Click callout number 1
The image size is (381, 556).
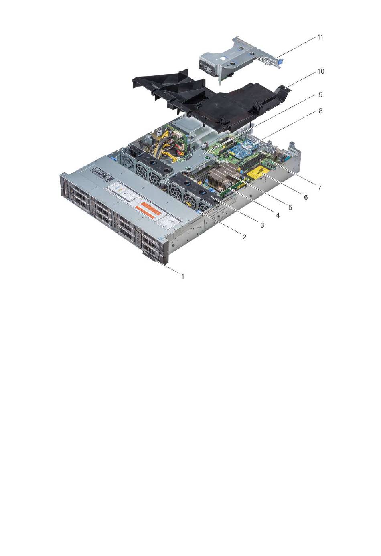coord(183,276)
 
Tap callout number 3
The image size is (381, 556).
coord(262,225)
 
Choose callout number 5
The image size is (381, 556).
coord(290,207)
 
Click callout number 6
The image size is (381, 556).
coord(306,197)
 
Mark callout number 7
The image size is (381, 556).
coord(319,188)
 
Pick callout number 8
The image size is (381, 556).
coord(320,111)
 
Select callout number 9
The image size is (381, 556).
coord(320,95)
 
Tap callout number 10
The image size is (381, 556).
coord(320,71)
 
